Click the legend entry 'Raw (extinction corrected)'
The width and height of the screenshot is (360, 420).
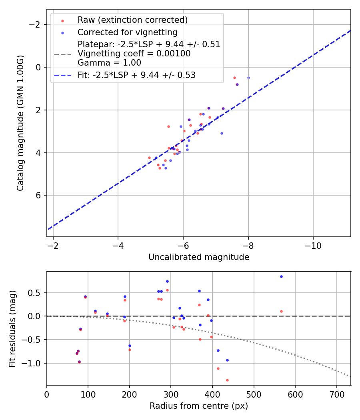(x=132, y=20)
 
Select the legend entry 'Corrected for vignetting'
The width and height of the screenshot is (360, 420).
(x=127, y=32)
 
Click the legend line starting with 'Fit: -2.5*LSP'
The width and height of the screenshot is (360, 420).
(x=136, y=75)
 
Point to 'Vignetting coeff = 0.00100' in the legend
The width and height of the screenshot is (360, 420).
(x=134, y=54)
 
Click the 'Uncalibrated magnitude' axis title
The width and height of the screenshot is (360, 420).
(x=199, y=257)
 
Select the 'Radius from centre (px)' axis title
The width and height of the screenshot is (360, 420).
(x=199, y=406)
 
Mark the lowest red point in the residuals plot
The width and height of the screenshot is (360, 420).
(x=227, y=380)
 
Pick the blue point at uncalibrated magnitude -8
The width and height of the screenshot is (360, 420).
(x=248, y=78)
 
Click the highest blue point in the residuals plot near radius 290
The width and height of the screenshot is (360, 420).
(x=167, y=281)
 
